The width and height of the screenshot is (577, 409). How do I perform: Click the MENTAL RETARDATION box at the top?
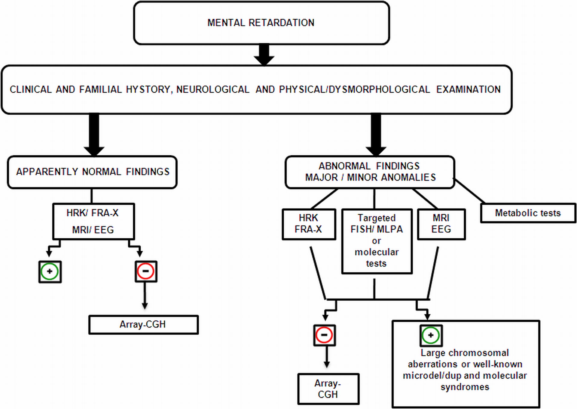261,23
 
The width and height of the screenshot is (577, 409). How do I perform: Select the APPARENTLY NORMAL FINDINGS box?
92,172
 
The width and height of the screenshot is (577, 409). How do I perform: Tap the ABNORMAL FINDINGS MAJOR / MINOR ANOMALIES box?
370,172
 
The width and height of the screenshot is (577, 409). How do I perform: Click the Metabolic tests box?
528,213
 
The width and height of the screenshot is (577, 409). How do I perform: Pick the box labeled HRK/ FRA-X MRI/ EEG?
93,222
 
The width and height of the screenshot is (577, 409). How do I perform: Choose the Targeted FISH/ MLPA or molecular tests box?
377,241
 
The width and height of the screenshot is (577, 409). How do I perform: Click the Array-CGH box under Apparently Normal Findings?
144,324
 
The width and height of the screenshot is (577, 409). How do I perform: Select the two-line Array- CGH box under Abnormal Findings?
328,389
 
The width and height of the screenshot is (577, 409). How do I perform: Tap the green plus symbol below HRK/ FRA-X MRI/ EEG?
50,272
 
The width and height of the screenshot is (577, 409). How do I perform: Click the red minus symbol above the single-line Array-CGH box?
146,271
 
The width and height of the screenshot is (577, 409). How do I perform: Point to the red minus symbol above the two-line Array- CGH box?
324,335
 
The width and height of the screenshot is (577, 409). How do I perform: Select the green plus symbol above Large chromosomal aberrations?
431,336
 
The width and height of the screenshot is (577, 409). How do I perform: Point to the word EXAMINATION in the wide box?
469,89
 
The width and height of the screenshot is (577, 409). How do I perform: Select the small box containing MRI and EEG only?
441,224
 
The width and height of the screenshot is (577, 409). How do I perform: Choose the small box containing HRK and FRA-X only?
309,224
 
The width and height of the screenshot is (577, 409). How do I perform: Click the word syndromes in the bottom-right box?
465,387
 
